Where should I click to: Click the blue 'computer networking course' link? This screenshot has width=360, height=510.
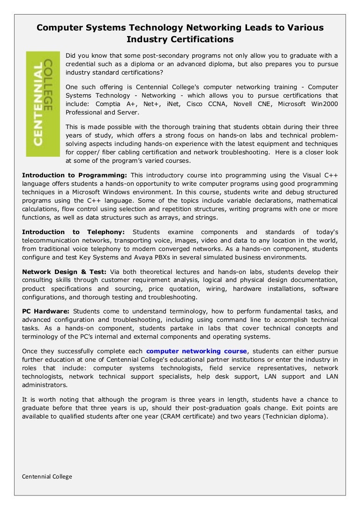pos(196,351)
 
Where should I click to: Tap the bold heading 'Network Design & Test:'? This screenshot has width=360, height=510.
pos(64,272)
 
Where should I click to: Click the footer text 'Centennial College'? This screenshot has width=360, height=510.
pos(47,477)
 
